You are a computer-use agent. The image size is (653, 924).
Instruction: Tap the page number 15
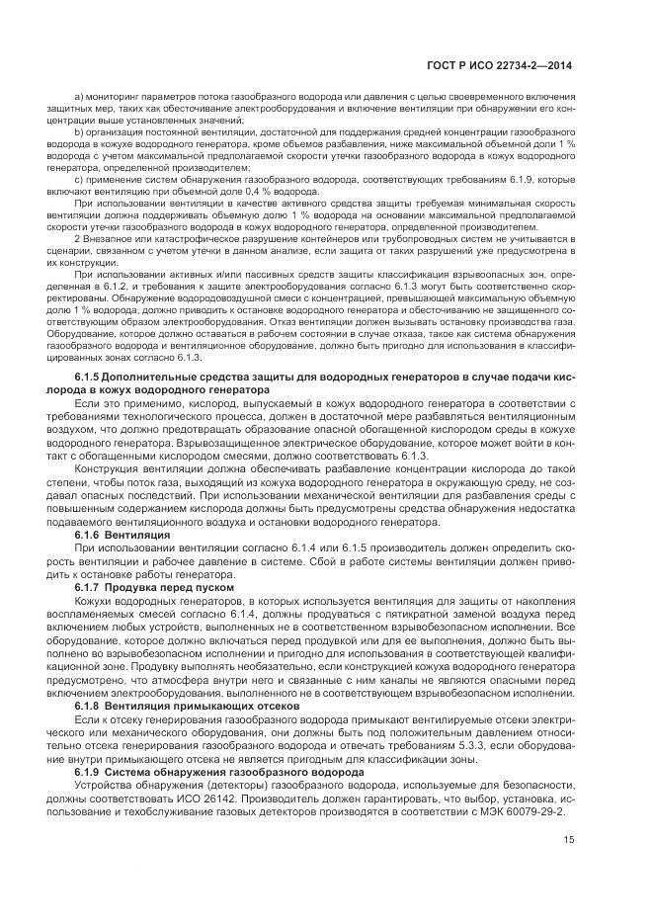(568, 841)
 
